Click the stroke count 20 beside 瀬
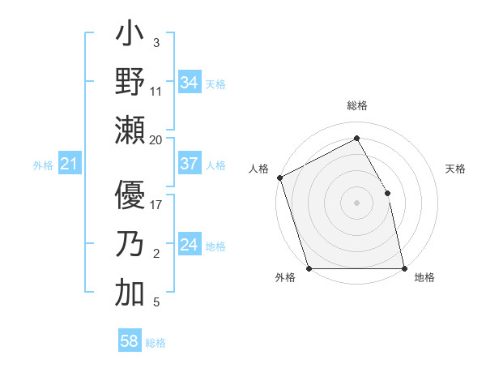156,139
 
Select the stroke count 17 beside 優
156,204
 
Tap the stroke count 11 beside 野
156,91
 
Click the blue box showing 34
190,83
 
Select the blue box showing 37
190,164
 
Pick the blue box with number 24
190,245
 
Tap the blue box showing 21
69,165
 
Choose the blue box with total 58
130,341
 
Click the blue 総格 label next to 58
156,343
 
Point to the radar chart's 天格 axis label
456,169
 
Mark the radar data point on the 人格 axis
279,178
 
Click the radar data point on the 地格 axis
404,268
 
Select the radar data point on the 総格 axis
356,139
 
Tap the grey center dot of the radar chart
356,203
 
